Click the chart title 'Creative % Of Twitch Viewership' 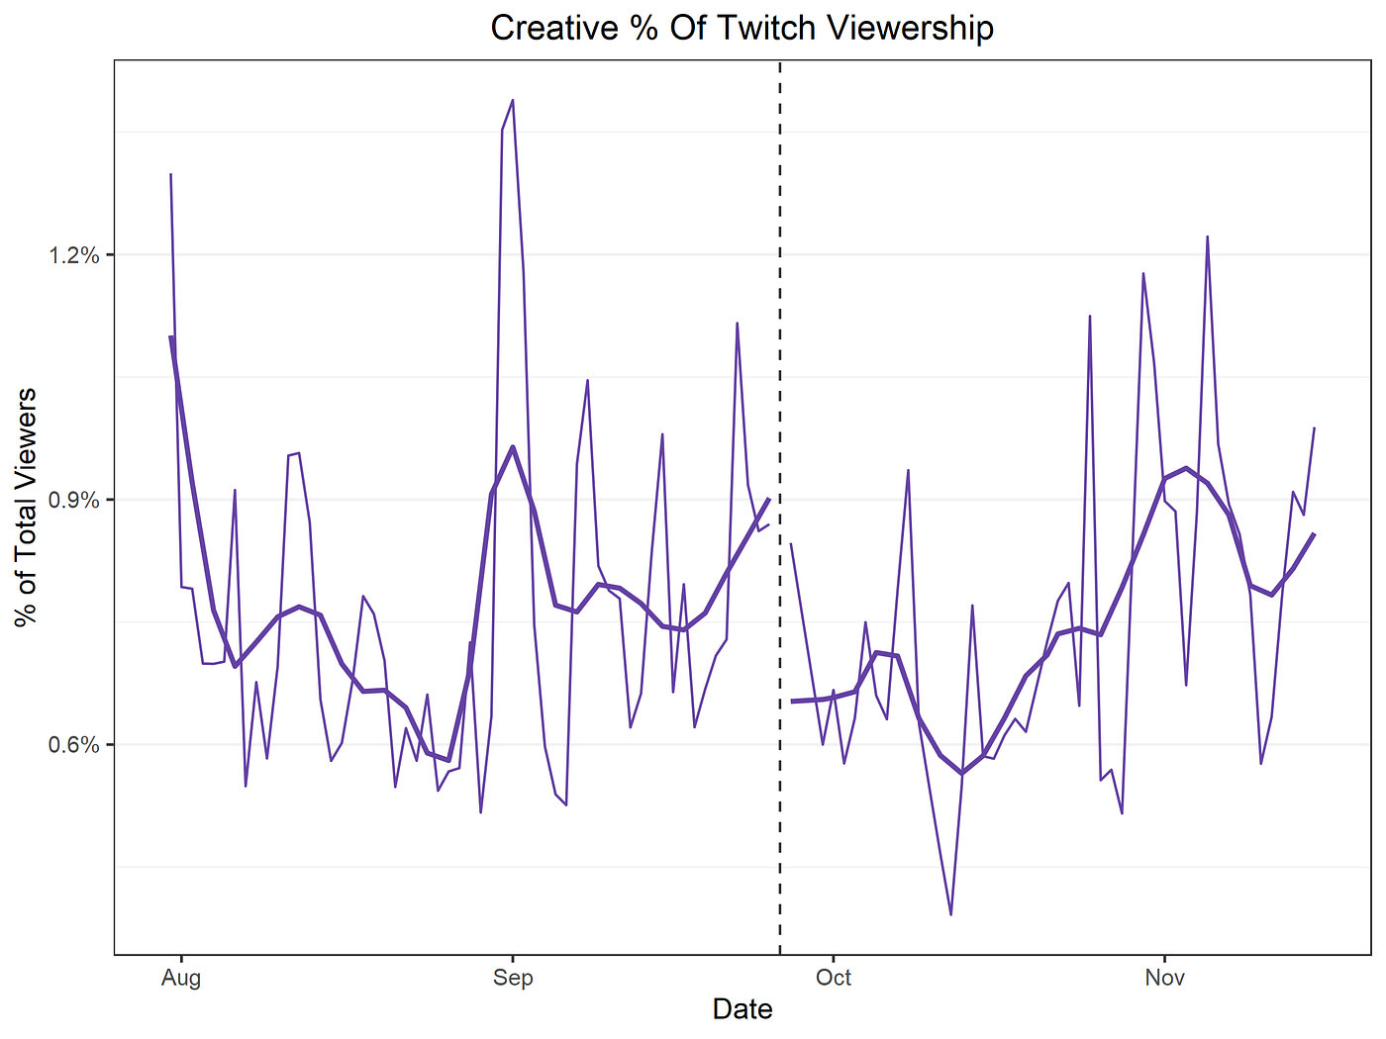(742, 28)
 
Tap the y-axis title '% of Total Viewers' (27, 507)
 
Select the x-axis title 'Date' (742, 1008)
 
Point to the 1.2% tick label (74, 255)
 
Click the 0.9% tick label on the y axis (74, 500)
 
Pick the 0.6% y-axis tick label (74, 745)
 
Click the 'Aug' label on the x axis (180, 978)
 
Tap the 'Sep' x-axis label (512, 978)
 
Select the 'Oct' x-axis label (834, 978)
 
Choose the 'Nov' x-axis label (1164, 978)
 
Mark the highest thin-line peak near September (512, 100)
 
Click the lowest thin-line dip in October (950, 914)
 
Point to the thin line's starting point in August (170, 174)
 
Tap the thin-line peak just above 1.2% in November (1207, 236)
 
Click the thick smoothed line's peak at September (512, 446)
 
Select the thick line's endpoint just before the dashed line (768, 499)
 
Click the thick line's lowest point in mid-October (961, 773)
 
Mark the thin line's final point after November (1314, 427)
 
